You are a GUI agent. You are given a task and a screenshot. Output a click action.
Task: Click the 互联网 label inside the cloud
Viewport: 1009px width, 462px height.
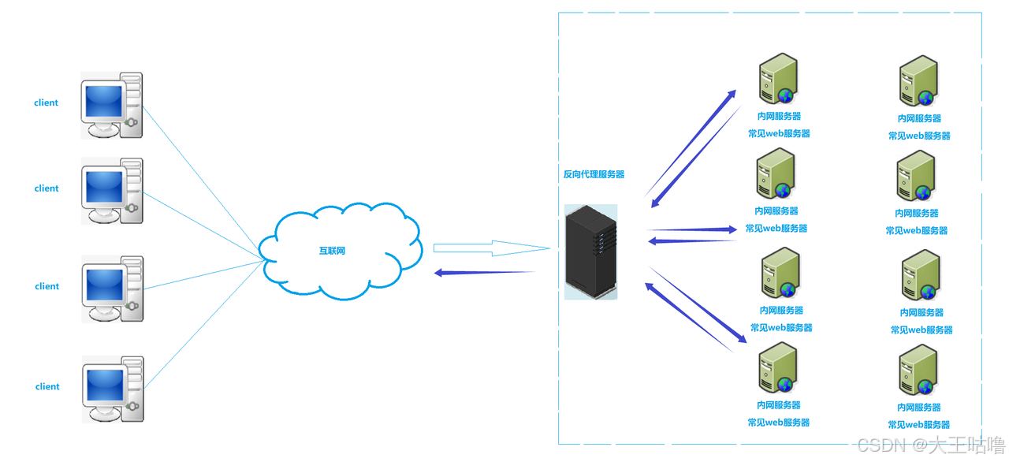332,251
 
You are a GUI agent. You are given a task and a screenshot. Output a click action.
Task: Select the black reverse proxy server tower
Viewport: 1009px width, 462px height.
591,251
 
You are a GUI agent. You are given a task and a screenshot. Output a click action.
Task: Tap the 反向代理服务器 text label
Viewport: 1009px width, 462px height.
594,174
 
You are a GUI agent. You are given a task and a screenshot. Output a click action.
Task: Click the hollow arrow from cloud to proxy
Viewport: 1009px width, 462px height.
492,248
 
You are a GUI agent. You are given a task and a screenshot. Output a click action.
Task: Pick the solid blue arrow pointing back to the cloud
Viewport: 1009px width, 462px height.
484,273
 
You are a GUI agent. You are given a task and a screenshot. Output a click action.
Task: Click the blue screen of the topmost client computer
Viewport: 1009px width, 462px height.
103,101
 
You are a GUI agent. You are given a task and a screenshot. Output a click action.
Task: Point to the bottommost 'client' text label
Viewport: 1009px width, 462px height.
47,386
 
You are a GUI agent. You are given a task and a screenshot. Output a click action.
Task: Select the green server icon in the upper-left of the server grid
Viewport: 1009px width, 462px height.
778,78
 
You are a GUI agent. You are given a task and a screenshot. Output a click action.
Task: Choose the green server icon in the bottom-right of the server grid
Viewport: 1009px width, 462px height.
918,370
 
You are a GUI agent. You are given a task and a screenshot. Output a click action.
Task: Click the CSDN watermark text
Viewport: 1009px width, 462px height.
931,445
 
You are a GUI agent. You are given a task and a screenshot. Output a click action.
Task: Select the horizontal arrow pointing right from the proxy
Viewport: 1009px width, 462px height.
692,229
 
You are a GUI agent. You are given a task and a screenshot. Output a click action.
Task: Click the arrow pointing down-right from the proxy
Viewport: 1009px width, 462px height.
698,305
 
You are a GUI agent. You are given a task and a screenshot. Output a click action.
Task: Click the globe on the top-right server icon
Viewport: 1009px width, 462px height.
925,97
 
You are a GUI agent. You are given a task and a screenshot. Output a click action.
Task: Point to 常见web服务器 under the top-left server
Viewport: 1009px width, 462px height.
779,133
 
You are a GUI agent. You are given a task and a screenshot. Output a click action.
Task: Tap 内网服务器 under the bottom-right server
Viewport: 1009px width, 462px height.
919,407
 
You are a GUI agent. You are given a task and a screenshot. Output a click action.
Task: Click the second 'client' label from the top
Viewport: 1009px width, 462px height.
47,188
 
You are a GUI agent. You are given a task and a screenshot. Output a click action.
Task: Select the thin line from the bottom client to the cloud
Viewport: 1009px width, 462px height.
204,325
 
